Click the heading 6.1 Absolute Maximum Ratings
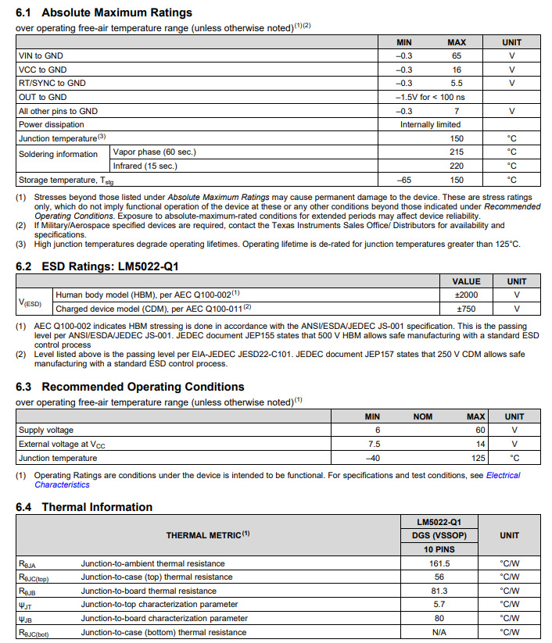click(x=104, y=13)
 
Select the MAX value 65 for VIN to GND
click(x=457, y=56)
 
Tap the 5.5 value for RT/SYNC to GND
click(x=457, y=84)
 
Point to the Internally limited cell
click(x=430, y=124)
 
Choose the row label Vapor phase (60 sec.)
click(x=155, y=152)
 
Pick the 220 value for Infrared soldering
click(x=457, y=166)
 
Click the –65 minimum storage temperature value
click(x=404, y=180)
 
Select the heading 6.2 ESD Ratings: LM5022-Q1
click(x=98, y=266)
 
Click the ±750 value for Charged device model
click(x=466, y=309)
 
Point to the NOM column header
click(x=423, y=416)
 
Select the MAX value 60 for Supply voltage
click(x=480, y=430)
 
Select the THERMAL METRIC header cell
click(x=208, y=535)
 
